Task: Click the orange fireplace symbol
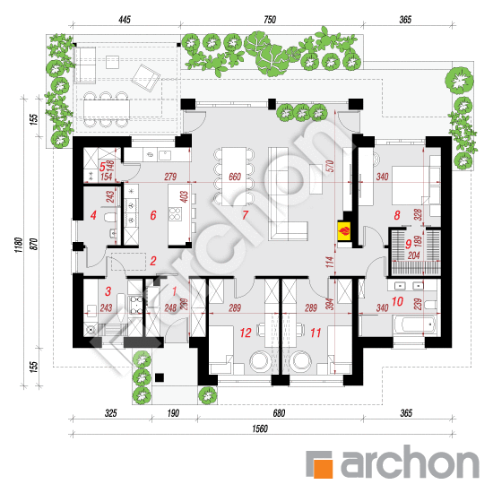[x=342, y=230]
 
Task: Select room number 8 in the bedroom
[x=397, y=215]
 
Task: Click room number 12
[x=243, y=332]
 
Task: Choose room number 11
[x=316, y=332]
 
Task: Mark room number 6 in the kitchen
[x=152, y=215]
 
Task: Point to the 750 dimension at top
[x=269, y=20]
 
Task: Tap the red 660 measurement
[x=236, y=176]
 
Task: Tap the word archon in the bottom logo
[x=407, y=464]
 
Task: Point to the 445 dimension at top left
[x=124, y=20]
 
